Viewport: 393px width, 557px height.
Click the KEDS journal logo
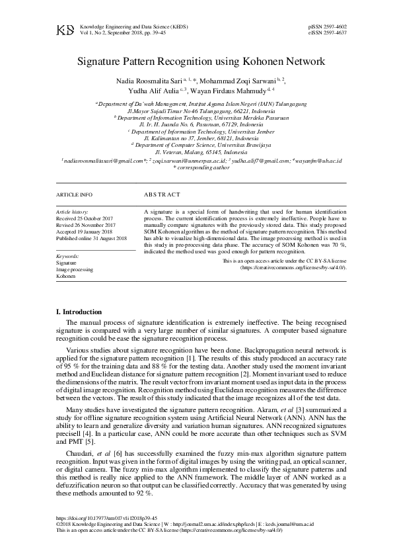click(65, 30)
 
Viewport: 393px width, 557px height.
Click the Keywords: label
click(69, 255)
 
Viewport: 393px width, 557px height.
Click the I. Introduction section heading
click(79, 312)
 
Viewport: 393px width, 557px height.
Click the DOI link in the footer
click(107, 519)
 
